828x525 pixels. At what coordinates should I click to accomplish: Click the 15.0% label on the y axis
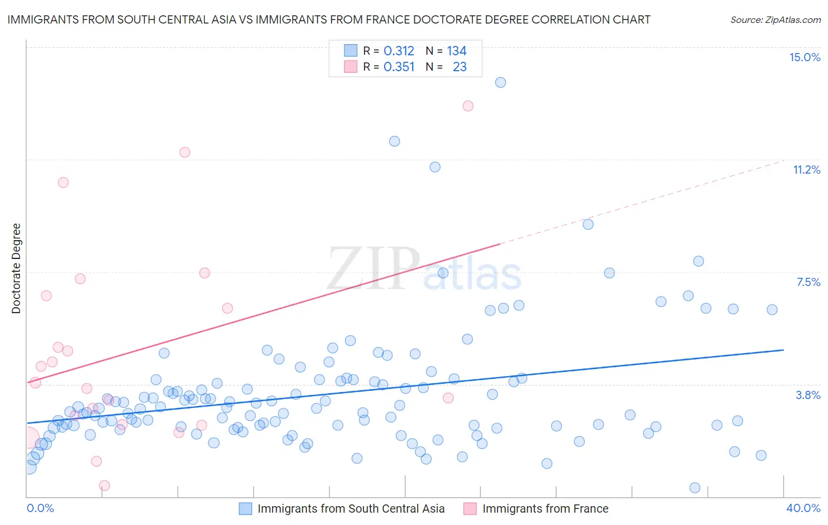point(804,58)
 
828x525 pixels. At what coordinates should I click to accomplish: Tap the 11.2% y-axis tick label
point(806,170)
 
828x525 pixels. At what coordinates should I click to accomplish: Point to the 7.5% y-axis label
point(808,283)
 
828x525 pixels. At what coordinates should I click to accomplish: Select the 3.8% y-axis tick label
point(808,396)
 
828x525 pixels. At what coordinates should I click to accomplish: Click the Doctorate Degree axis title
point(16,268)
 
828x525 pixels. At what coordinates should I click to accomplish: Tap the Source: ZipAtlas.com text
point(775,20)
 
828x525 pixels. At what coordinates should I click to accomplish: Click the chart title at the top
point(329,20)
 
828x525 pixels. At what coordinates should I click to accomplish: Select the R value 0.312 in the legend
point(399,51)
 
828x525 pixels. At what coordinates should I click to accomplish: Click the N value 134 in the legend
point(456,51)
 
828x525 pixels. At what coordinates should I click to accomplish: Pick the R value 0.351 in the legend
point(399,67)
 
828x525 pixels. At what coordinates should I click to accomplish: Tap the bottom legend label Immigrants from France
point(545,509)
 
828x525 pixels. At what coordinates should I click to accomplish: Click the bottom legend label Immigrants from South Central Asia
point(351,509)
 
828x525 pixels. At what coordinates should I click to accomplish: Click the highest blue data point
point(501,82)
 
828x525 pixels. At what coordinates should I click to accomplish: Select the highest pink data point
point(468,106)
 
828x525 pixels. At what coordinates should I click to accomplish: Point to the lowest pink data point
point(104,486)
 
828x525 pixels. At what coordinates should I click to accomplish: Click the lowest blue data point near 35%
point(695,488)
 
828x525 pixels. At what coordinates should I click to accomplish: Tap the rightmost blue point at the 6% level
point(772,310)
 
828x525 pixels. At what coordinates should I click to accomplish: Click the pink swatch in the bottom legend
point(470,509)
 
